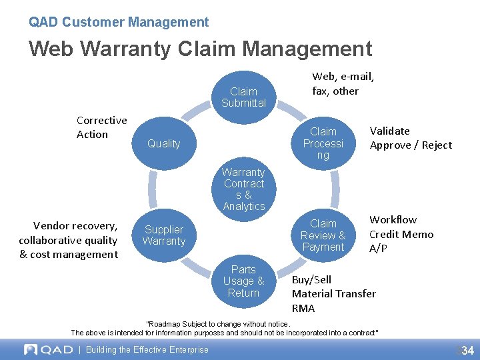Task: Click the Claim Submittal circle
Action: (243, 97)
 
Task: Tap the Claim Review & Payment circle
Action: (323, 235)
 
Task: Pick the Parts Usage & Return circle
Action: (243, 281)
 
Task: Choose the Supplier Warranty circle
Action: (164, 235)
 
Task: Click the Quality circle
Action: (164, 143)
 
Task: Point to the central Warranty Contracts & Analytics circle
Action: (243, 189)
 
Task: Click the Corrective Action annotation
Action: (101, 127)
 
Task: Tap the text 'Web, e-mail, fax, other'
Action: (343, 84)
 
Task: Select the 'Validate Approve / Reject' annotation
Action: (410, 138)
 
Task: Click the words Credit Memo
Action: (401, 234)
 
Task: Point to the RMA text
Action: (303, 308)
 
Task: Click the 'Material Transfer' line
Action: (333, 293)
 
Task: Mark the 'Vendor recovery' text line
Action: (75, 225)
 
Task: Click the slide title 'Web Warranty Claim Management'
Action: (200, 49)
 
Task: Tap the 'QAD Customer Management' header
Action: (119, 22)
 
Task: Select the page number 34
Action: (467, 350)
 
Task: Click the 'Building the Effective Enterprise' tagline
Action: (147, 349)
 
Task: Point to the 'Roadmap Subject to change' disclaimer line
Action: (218, 324)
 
